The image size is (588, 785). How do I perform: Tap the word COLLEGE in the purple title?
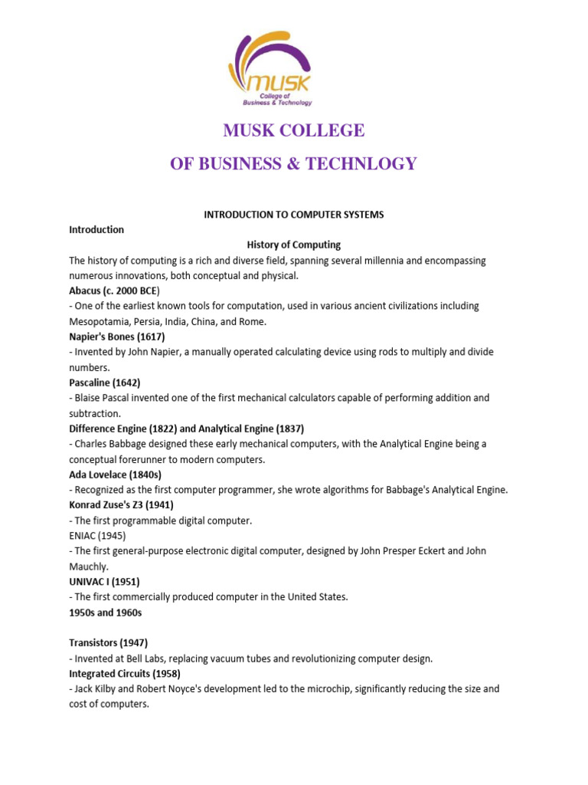[x=321, y=131]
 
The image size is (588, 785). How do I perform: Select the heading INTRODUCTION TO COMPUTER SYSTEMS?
[x=293, y=215]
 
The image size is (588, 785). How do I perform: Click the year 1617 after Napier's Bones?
[x=151, y=337]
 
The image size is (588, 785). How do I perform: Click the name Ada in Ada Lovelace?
[x=79, y=475]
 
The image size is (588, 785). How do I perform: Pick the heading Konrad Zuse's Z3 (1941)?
[x=121, y=505]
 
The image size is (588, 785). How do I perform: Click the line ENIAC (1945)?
[x=97, y=536]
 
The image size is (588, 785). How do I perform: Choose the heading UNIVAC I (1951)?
[x=106, y=582]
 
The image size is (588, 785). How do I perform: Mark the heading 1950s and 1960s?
[x=106, y=613]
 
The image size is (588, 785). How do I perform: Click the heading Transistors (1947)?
[x=108, y=643]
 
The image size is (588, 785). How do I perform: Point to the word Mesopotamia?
[x=101, y=321]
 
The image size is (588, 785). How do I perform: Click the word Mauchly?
[x=89, y=567]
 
